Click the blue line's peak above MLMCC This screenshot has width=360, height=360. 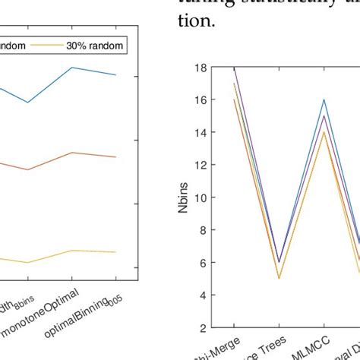(x=324, y=99)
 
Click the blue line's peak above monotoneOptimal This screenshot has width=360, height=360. (x=72, y=68)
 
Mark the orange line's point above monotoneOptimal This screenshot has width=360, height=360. (x=72, y=153)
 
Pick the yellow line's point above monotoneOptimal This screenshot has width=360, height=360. (x=72, y=251)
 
